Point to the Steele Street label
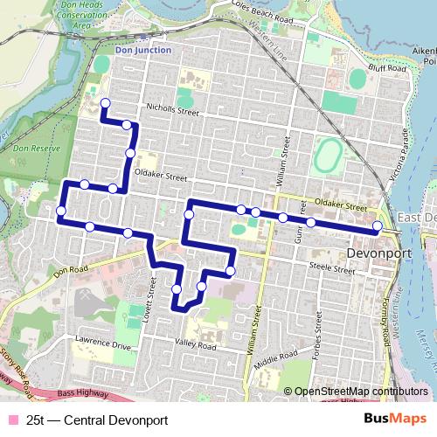[x=331, y=270]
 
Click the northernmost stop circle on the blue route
[x=105, y=104]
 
